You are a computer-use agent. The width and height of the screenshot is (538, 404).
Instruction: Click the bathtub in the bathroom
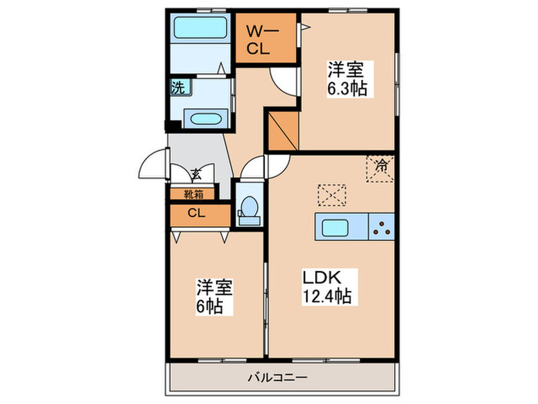click(x=198, y=28)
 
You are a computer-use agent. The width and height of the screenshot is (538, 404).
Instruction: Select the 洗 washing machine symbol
click(x=178, y=88)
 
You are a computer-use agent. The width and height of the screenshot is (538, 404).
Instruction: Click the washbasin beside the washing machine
click(x=204, y=119)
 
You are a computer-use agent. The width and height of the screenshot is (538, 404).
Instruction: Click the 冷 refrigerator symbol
click(x=381, y=164)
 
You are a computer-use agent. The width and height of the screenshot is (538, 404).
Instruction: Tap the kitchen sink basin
click(x=336, y=227)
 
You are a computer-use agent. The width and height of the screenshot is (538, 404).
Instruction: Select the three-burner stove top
click(x=381, y=226)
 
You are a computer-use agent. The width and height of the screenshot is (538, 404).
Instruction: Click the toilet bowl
click(x=248, y=209)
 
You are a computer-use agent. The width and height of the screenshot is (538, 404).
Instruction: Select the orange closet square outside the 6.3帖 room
click(x=281, y=132)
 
